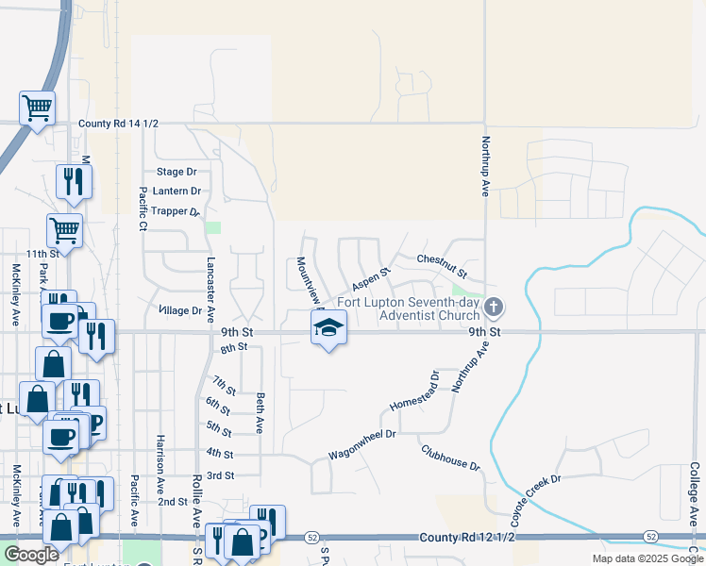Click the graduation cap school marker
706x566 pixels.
coord(328,328)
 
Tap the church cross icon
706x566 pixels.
coord(493,308)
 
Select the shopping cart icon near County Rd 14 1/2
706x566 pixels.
coord(37,108)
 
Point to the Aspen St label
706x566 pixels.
coord(371,278)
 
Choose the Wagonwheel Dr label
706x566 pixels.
coord(361,442)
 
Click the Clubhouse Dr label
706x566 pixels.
coord(450,458)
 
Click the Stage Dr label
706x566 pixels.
coord(176,172)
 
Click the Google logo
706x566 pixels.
coord(31,555)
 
